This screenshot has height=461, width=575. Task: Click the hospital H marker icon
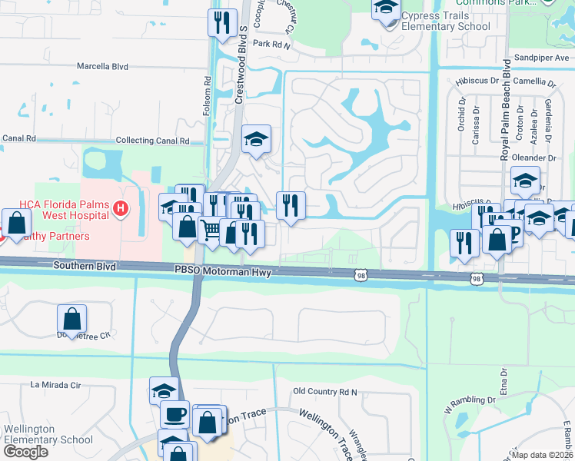119,207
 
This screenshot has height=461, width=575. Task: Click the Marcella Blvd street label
102,67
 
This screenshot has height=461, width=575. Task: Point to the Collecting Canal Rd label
152,141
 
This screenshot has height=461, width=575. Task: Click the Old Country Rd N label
326,392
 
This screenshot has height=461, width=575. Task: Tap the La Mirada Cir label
55,384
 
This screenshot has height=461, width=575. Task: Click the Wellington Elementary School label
48,434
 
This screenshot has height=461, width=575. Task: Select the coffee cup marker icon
174,414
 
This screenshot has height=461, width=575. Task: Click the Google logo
25,452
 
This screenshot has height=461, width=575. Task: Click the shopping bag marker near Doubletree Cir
71,319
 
